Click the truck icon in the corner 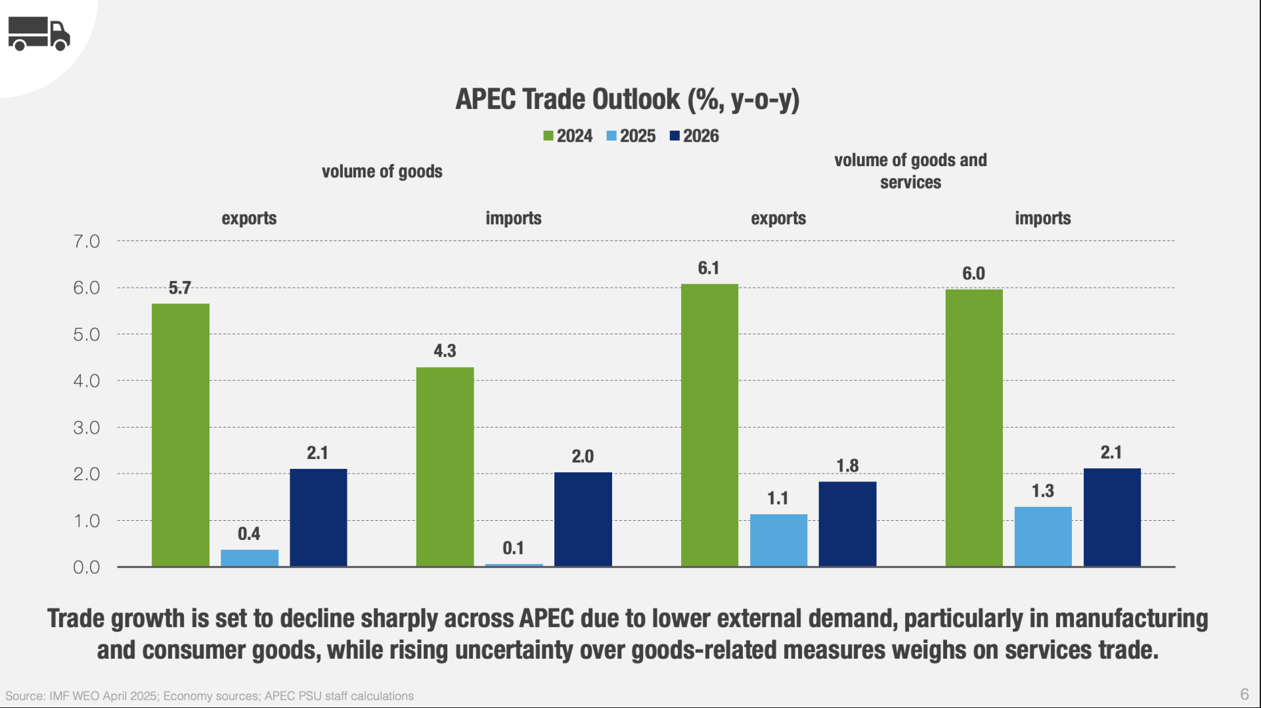click(39, 33)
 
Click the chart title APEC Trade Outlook click(627, 99)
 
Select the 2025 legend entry click(631, 136)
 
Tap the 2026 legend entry click(694, 136)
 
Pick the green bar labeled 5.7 click(181, 434)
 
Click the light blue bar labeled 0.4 click(250, 558)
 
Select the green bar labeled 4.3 click(445, 466)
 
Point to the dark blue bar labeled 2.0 click(583, 519)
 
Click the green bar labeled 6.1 click(709, 425)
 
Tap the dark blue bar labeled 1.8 click(847, 523)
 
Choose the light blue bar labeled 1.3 click(1043, 536)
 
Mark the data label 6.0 click(973, 273)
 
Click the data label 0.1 click(513, 548)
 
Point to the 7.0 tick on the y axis click(87, 242)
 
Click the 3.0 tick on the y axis click(87, 428)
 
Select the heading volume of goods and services click(910, 171)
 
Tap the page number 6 click(1244, 694)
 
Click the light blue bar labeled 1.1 click(778, 540)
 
